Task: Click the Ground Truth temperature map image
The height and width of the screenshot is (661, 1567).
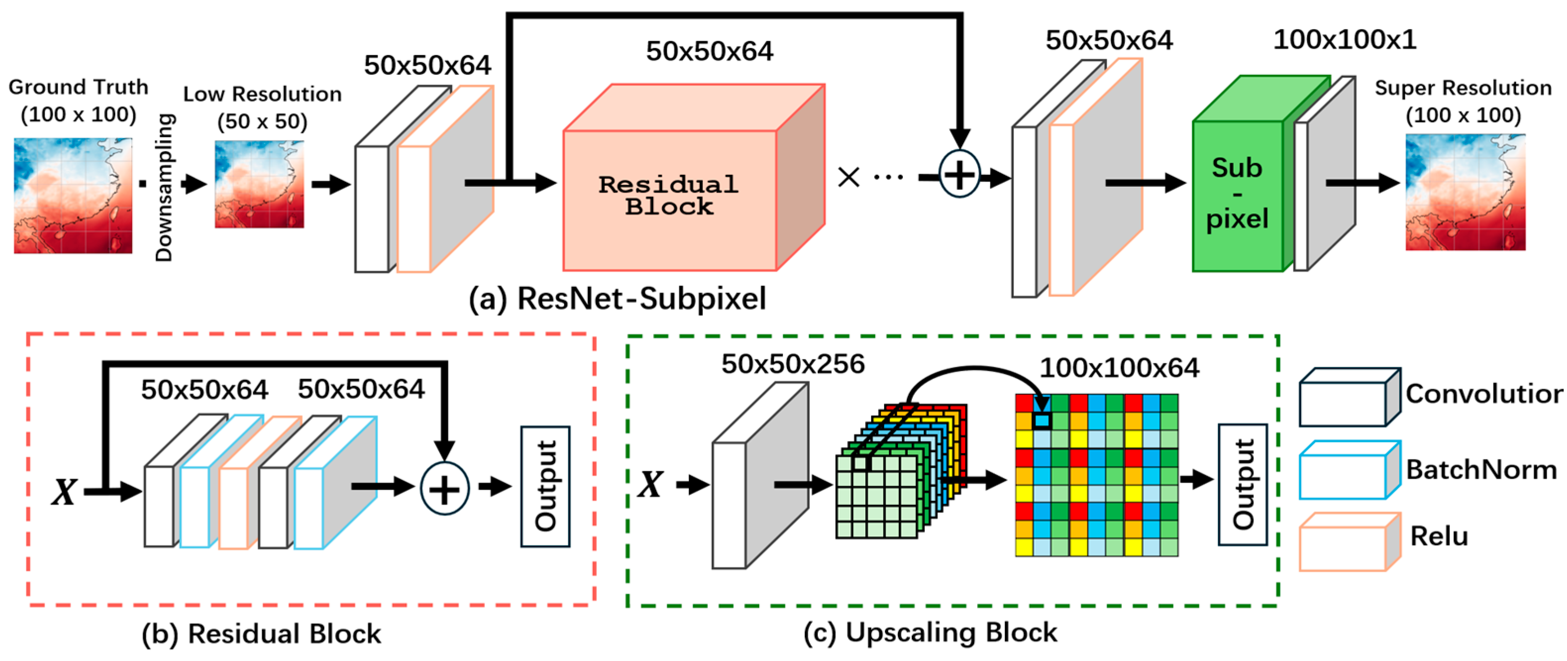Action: pyautogui.click(x=73, y=195)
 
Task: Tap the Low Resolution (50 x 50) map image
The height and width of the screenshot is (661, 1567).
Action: pyautogui.click(x=259, y=184)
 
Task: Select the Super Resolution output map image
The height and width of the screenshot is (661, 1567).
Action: pyautogui.click(x=1465, y=192)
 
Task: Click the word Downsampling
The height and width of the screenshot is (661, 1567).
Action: pyautogui.click(x=164, y=187)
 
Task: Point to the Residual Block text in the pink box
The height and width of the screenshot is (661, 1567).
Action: pyautogui.click(x=669, y=195)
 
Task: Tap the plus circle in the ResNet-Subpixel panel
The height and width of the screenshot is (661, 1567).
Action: pyautogui.click(x=959, y=175)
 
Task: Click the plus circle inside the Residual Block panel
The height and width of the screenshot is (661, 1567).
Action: pyautogui.click(x=445, y=489)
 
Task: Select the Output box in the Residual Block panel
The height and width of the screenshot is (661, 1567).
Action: pyautogui.click(x=545, y=487)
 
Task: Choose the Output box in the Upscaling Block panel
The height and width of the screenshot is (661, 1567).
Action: pyautogui.click(x=1242, y=485)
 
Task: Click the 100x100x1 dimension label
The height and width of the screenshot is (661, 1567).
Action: pyautogui.click(x=1344, y=40)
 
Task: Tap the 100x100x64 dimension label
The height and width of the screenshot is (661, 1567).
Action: pyautogui.click(x=1119, y=368)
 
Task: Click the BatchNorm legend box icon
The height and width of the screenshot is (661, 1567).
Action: pyautogui.click(x=1349, y=470)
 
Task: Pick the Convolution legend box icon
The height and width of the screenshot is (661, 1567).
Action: pyautogui.click(x=1349, y=397)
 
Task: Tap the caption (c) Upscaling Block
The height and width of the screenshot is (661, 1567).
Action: pyautogui.click(x=930, y=632)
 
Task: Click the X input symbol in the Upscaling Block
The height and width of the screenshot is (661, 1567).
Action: pyautogui.click(x=650, y=485)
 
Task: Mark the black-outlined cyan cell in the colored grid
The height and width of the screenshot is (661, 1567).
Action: pyautogui.click(x=1042, y=420)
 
